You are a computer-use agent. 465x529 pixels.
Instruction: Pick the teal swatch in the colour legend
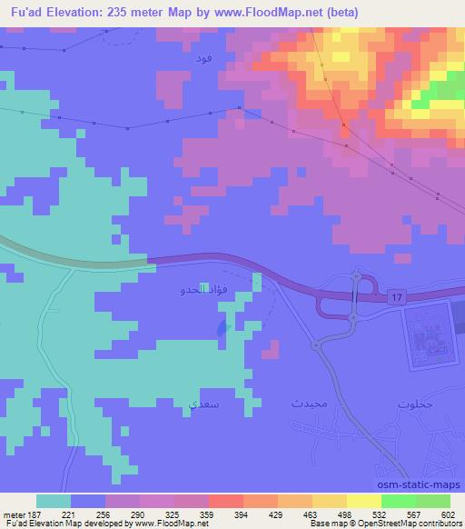[x=54, y=501]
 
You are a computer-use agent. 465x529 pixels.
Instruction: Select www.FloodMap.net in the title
[x=270, y=13]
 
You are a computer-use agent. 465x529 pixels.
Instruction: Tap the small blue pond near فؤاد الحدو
[x=223, y=327]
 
